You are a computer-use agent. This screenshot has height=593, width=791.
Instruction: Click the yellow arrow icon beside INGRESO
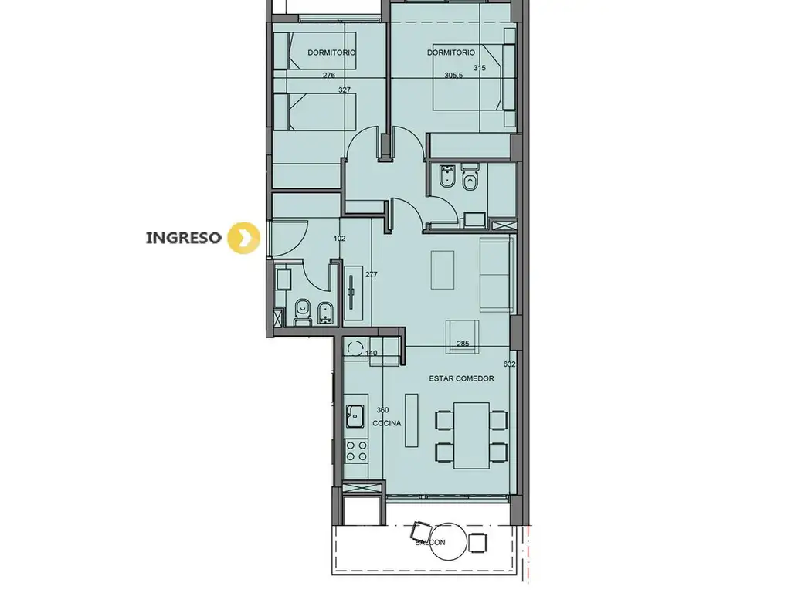243,238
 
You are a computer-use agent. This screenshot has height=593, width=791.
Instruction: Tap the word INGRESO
183,238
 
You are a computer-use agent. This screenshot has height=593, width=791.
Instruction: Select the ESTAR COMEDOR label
462,378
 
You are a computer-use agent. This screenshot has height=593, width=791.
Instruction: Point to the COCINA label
387,423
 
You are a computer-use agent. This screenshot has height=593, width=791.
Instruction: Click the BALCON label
430,543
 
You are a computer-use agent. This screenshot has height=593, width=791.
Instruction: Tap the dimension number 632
510,364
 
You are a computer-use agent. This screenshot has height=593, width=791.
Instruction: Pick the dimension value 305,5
453,75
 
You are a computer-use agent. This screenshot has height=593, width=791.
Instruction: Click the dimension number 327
345,90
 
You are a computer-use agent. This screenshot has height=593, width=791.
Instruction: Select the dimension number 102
340,239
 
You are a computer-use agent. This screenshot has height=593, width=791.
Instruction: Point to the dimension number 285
463,344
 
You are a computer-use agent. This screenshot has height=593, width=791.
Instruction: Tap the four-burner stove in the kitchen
356,451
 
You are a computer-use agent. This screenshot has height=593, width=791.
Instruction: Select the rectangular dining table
471,435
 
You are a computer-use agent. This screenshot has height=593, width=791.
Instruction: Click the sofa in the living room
497,274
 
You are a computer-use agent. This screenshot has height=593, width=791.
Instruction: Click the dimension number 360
382,410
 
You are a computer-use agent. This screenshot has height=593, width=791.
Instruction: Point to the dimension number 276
329,75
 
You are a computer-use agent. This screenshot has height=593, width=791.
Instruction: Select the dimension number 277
372,275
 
